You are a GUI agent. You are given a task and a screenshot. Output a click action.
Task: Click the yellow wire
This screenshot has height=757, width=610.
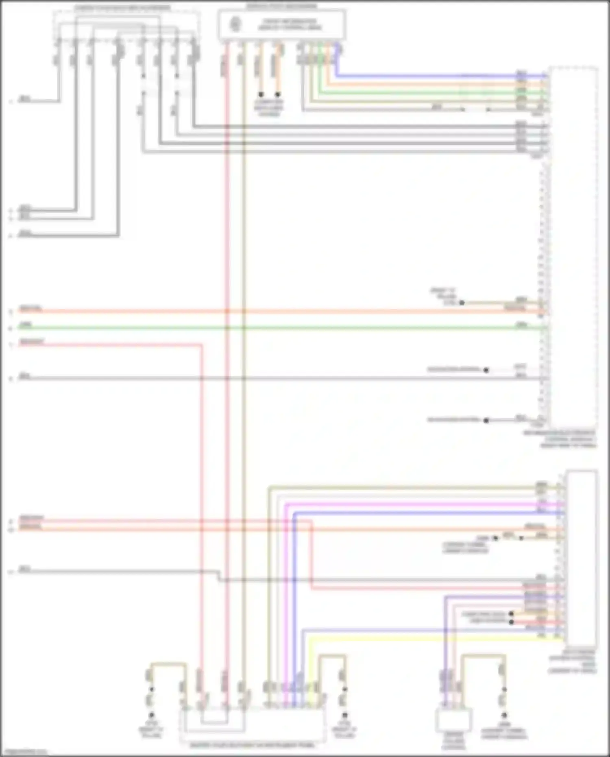(x=407, y=639)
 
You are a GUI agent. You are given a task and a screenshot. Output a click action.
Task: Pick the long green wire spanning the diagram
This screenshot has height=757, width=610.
(x=285, y=328)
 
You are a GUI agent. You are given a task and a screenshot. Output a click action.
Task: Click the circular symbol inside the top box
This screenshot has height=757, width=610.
(x=235, y=24)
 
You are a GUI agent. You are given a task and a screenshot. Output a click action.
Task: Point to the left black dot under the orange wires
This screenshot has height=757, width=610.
(x=261, y=94)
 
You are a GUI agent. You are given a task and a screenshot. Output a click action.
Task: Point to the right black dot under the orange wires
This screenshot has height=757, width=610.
(x=278, y=94)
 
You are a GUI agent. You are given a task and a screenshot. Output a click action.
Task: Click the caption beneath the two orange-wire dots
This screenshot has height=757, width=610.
(x=269, y=108)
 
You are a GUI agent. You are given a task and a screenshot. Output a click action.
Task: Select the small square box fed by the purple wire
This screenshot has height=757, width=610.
(x=453, y=720)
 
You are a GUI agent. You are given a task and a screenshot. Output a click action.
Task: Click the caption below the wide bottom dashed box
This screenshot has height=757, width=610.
(x=252, y=746)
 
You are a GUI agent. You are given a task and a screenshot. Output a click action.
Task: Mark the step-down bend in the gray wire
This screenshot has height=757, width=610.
(x=220, y=576)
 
